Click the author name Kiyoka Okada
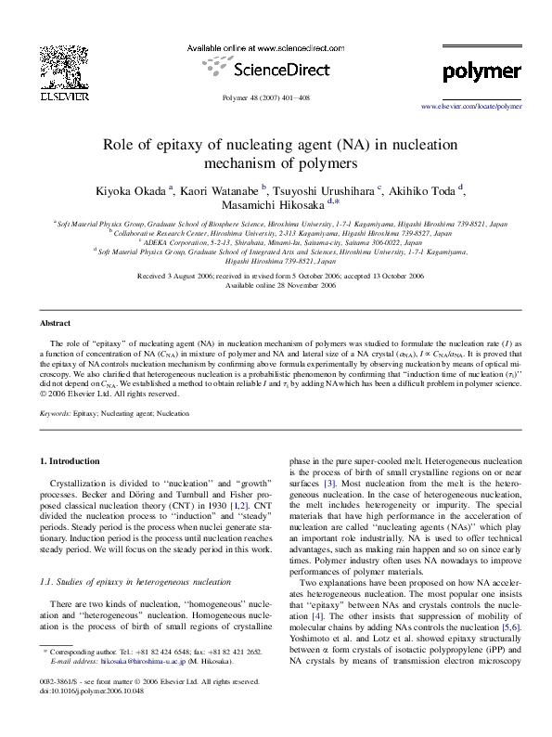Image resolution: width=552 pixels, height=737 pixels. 129,191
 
